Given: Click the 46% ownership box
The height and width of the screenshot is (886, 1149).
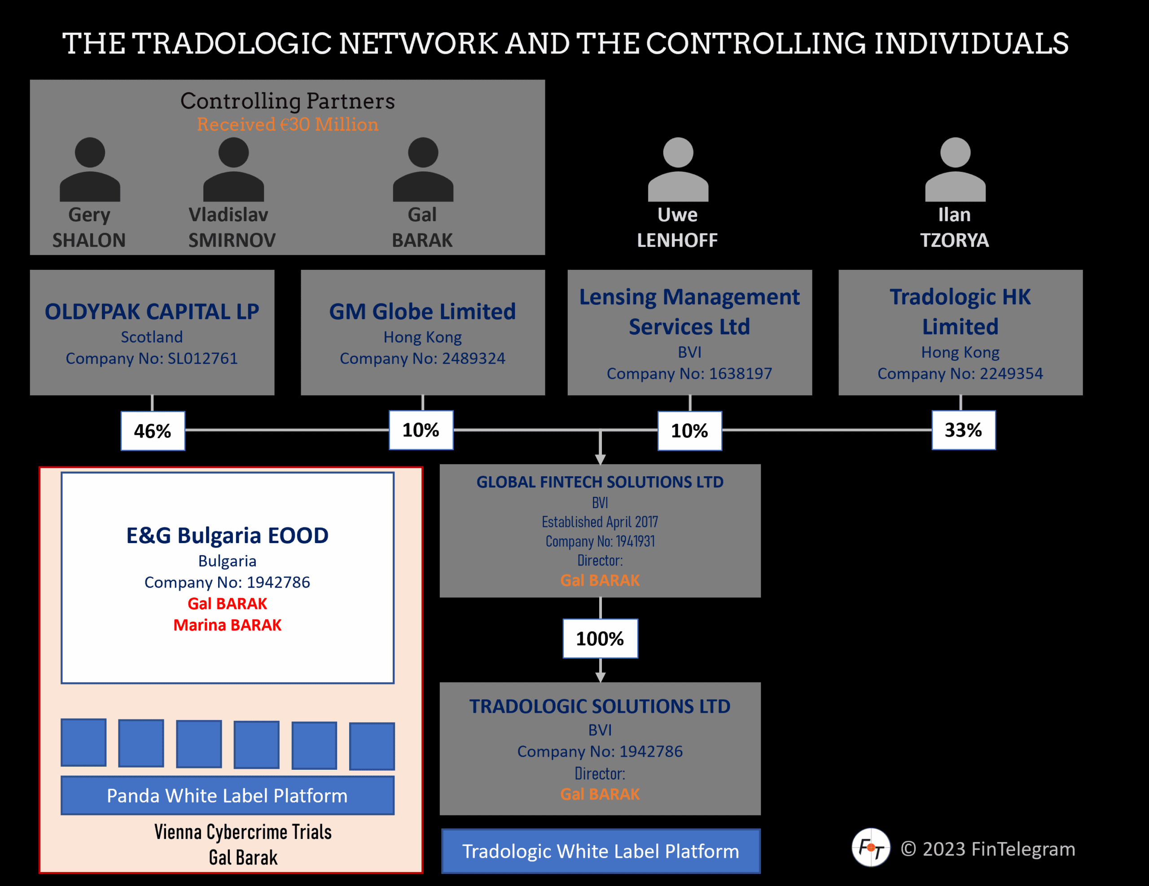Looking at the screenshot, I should [153, 431].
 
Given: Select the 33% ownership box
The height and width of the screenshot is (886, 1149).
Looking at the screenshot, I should [963, 430].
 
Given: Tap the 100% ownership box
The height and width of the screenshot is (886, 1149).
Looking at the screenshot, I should [600, 639].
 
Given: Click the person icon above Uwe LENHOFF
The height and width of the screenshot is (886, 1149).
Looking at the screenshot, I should [678, 169].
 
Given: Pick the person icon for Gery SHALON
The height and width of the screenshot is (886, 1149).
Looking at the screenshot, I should [90, 169].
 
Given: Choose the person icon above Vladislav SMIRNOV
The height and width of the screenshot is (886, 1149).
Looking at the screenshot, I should [233, 169].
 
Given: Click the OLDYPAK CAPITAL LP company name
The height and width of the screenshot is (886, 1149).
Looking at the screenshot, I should [152, 311].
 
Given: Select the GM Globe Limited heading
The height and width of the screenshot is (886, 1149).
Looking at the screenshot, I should [422, 311].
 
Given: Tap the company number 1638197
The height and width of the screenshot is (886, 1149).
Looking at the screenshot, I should [689, 373].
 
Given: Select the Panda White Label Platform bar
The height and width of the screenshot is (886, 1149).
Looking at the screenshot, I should [227, 795].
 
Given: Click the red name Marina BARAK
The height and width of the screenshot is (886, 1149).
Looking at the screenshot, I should [227, 625].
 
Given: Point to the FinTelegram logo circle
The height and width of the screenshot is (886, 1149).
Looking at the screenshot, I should [871, 847].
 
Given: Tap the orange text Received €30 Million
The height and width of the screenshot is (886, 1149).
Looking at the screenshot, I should [288, 125].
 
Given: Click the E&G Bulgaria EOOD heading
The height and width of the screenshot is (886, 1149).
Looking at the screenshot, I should [227, 535].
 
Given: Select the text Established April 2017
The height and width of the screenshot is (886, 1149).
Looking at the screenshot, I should [600, 522].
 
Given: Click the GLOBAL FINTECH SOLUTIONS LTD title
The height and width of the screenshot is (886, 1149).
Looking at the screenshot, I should [600, 482].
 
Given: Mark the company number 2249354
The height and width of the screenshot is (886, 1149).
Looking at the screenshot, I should [960, 373].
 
